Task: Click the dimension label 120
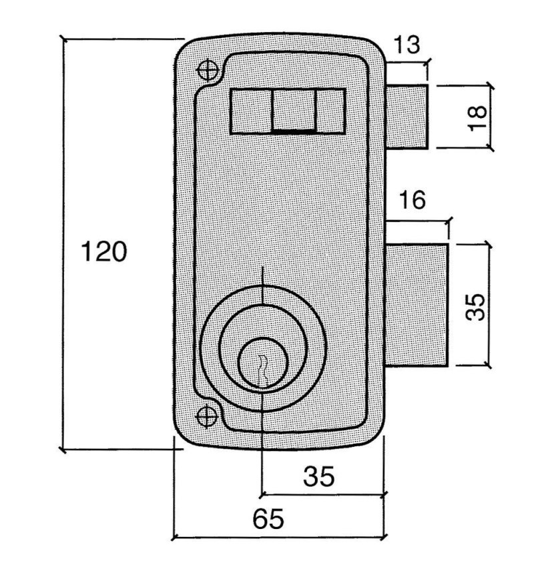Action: tap(104, 251)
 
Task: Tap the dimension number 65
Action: tap(268, 519)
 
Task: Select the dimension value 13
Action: tap(407, 45)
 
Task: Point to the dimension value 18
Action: tap(477, 118)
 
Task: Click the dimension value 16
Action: tap(413, 200)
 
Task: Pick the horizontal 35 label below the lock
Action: tap(319, 476)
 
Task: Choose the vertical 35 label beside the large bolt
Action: tap(475, 307)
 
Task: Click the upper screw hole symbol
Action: tap(208, 70)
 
